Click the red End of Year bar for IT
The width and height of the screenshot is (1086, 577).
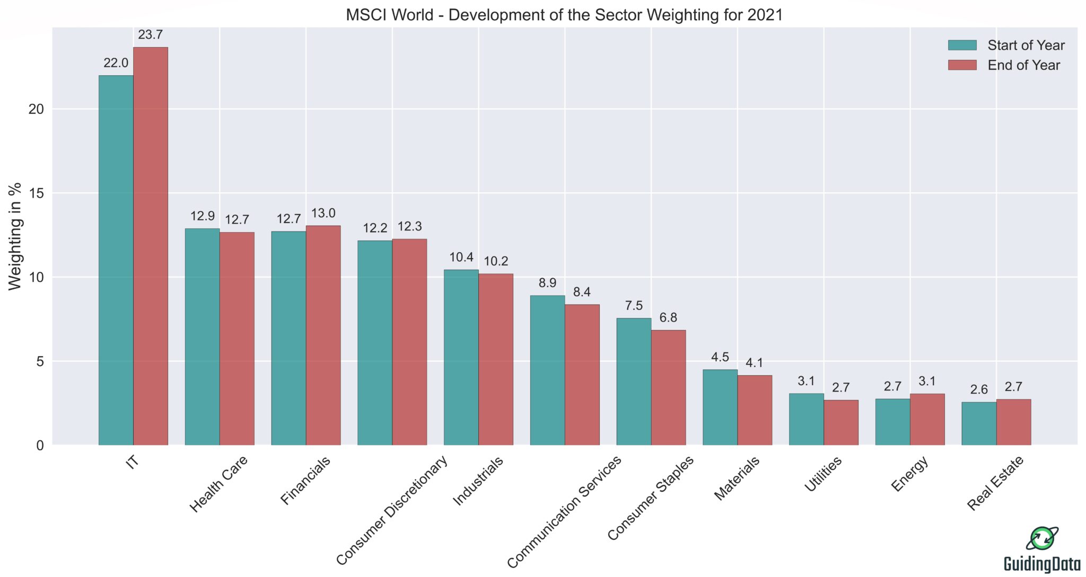click(151, 246)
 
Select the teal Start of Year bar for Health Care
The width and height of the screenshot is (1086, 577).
click(202, 336)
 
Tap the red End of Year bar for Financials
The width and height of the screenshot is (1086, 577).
click(323, 335)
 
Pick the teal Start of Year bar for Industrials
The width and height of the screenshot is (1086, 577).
click(461, 358)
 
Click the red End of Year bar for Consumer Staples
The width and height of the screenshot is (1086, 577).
click(668, 387)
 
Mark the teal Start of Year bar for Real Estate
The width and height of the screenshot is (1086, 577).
click(979, 423)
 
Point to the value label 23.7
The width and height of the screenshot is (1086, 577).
click(150, 35)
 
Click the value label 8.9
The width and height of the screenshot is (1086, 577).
click(547, 283)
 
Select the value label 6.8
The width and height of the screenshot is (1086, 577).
click(668, 318)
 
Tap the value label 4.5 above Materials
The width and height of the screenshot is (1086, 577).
click(720, 357)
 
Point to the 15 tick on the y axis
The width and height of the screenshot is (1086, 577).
click(36, 193)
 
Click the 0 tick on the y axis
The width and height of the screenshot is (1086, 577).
click(40, 446)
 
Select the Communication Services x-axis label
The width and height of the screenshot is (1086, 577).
click(564, 512)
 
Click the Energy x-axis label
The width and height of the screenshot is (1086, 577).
click(909, 474)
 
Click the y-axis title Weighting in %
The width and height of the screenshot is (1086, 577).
click(15, 236)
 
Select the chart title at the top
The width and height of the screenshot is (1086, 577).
click(564, 14)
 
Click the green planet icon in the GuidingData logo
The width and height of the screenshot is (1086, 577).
click(1042, 539)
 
